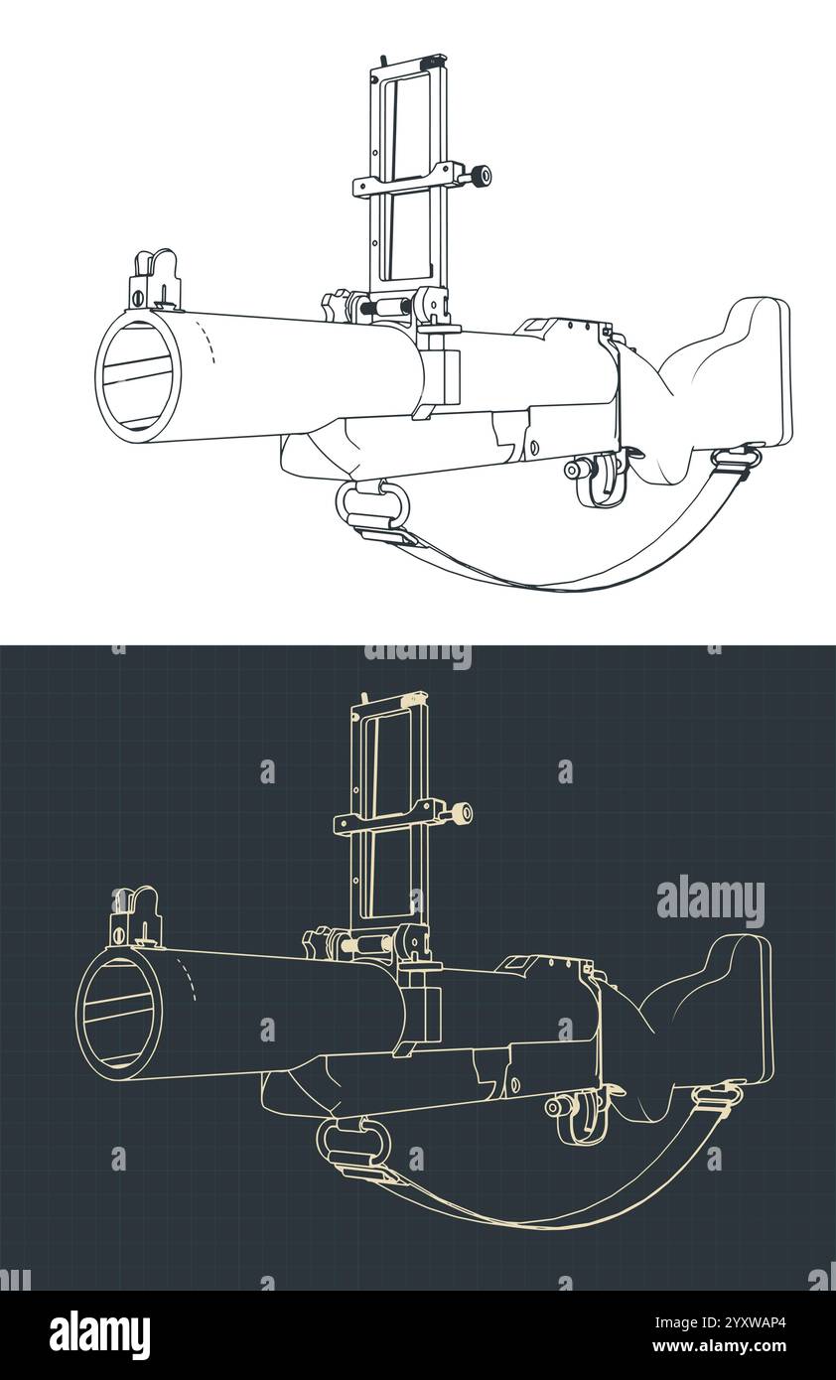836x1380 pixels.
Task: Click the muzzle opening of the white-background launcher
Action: (138, 376)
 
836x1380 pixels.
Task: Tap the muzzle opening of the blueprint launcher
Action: (118, 1014)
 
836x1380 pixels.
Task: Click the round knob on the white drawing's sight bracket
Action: (481, 177)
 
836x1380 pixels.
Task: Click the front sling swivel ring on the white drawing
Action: (372, 505)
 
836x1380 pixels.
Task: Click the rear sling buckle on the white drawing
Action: (736, 458)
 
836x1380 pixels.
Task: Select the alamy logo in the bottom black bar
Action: (99, 1334)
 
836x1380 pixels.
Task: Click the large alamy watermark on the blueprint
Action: (710, 901)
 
